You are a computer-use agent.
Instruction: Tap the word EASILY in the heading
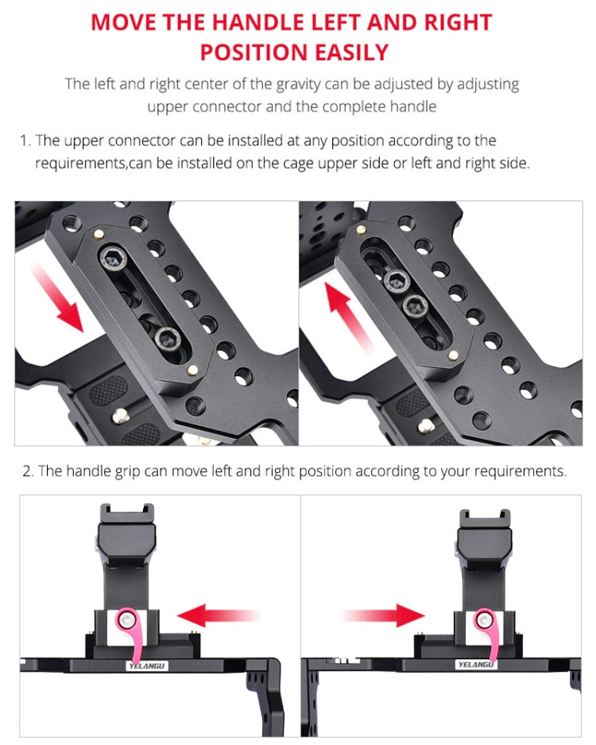pos(351,52)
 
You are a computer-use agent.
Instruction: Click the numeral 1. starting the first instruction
pos(25,141)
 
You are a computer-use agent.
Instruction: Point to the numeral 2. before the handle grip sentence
pos(28,471)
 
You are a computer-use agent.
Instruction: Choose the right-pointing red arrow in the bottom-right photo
pos(385,614)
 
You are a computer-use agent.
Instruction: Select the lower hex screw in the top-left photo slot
pos(168,337)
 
